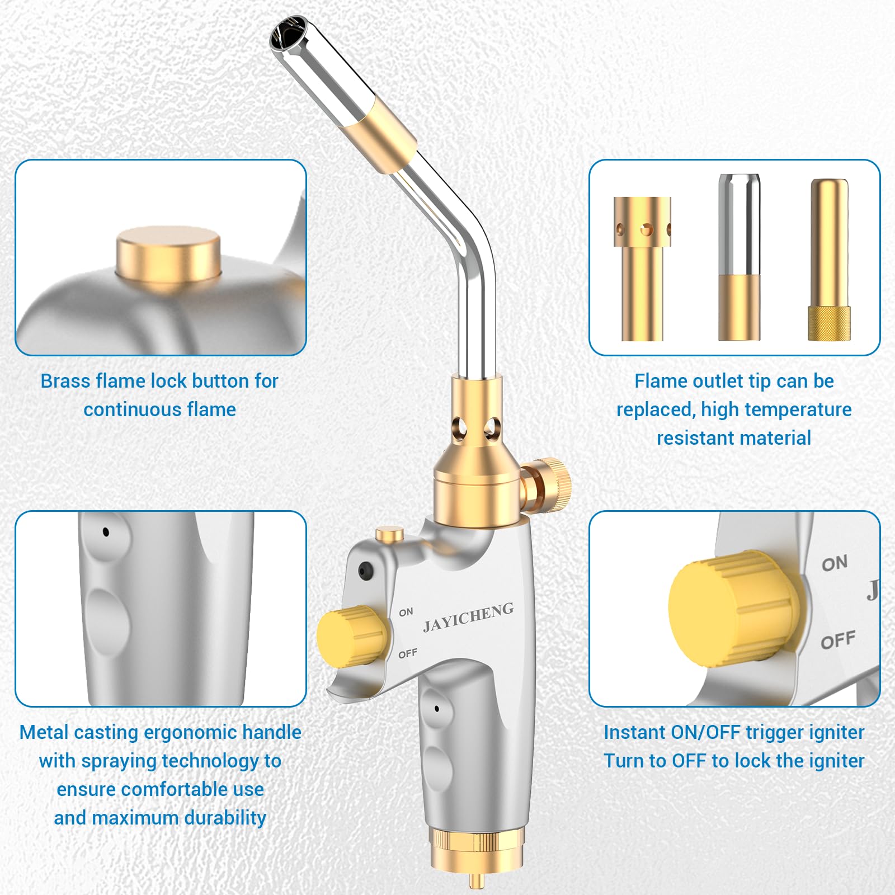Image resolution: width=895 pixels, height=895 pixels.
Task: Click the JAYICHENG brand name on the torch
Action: [x=468, y=618]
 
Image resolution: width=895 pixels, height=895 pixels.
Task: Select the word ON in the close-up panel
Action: [x=835, y=563]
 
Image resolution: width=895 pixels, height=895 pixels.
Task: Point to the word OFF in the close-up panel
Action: [x=838, y=640]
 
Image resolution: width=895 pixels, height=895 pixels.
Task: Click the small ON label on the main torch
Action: [x=406, y=613]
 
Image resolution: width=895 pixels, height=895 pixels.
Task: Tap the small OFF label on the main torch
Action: [x=408, y=653]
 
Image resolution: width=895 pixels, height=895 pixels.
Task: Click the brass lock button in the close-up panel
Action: [x=168, y=253]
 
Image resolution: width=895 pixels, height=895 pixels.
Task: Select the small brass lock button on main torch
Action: [x=390, y=534]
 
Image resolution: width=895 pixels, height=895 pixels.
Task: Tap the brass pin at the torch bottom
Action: [x=477, y=880]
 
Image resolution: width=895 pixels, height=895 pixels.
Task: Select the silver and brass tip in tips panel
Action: [x=739, y=257]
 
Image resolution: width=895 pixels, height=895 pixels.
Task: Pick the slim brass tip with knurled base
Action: [x=830, y=260]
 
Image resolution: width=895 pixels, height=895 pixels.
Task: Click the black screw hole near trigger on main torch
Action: [x=366, y=571]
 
